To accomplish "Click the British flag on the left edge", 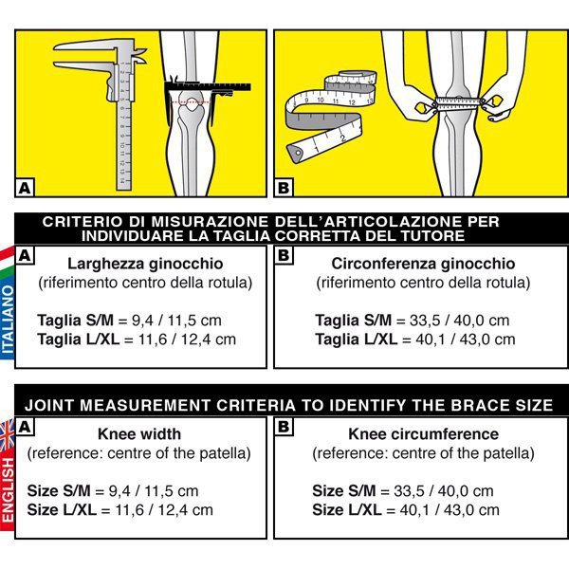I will click(6, 432).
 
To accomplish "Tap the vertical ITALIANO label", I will click(8, 322).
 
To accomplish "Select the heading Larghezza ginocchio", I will click(144, 264).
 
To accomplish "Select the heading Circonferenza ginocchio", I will click(423, 264).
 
